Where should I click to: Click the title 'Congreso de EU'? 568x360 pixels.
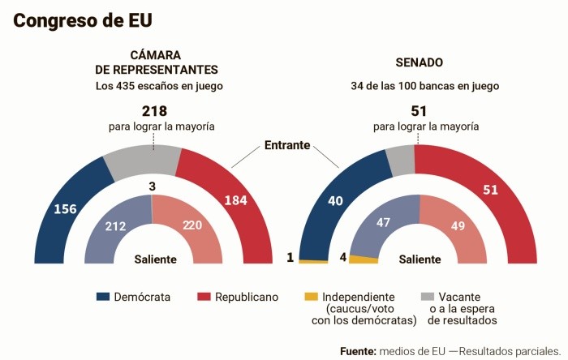tap(83, 20)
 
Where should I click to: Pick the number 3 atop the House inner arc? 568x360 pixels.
tap(153, 186)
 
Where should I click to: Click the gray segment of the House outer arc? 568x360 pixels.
tap(143, 161)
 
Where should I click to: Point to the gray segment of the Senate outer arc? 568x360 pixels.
tap(400, 161)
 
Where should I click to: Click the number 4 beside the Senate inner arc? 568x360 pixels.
tap(343, 258)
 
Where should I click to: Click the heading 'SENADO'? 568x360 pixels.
tap(420, 62)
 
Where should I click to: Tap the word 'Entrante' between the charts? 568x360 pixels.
tap(287, 145)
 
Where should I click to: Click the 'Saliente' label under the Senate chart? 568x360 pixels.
tap(420, 259)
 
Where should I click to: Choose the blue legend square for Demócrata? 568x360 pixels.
tap(102, 297)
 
